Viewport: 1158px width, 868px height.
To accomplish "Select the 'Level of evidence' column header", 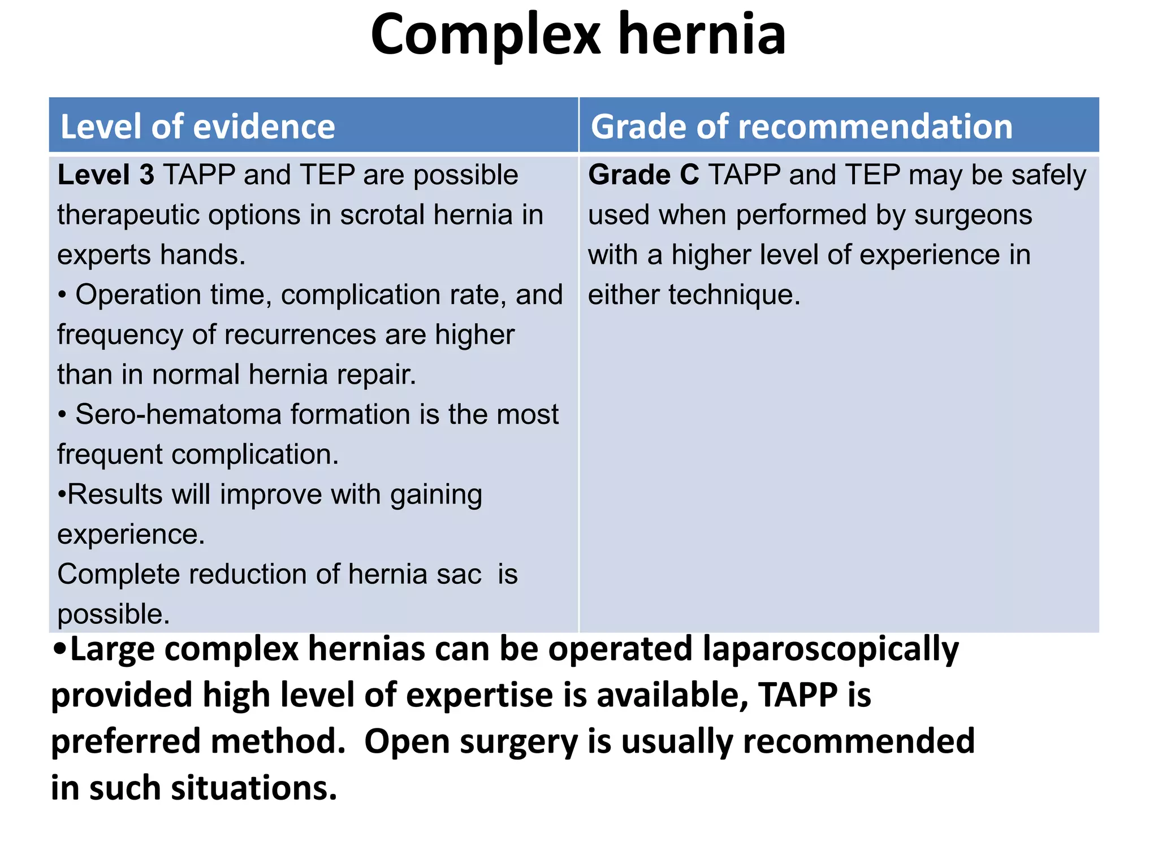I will (x=197, y=126).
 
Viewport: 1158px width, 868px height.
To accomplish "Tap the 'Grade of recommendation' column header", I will (x=801, y=126).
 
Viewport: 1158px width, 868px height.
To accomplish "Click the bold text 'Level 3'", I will (x=106, y=175).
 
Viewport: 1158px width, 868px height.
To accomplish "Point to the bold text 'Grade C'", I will (x=643, y=175).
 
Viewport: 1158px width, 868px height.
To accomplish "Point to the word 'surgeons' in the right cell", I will (x=973, y=215).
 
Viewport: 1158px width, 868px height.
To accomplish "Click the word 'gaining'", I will (x=435, y=494).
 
